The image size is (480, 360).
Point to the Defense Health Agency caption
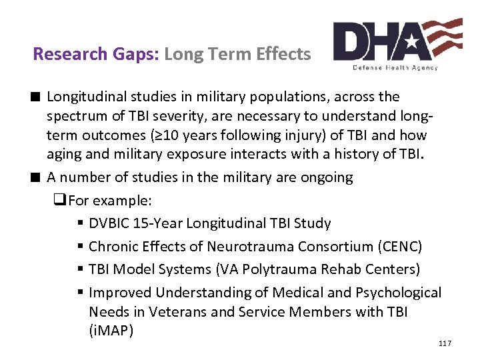(396, 67)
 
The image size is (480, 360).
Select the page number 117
(445, 343)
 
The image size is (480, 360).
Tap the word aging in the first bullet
(63, 155)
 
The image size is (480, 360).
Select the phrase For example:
(110, 201)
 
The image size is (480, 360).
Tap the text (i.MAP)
(111, 330)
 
